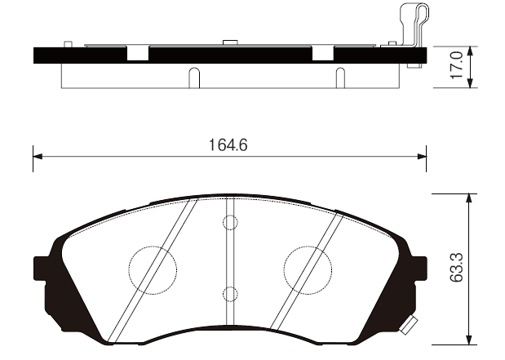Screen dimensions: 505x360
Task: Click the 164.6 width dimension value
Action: click(x=228, y=145)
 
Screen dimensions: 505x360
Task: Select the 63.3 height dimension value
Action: click(x=456, y=268)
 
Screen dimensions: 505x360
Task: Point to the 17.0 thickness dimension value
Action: click(x=457, y=64)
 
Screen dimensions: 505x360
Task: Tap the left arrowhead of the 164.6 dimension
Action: click(x=38, y=157)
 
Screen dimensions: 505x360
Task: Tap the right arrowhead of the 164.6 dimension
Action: click(x=422, y=157)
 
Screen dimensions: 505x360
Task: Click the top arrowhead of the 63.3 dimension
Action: click(x=470, y=198)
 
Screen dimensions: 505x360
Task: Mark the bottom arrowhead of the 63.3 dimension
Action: click(x=470, y=340)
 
